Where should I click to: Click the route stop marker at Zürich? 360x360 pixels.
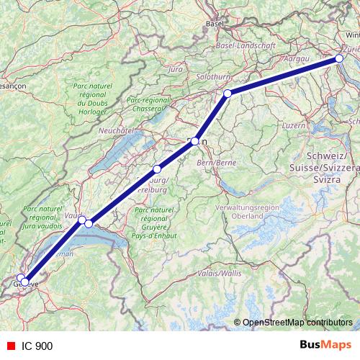339,59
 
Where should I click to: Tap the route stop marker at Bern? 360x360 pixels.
194,142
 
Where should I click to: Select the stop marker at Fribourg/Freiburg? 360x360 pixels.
157,169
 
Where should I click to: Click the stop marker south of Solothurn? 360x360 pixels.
228,94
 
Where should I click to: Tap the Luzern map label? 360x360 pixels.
294,125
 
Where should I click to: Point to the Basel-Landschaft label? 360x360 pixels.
246,45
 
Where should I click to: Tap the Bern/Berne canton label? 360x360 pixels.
217,163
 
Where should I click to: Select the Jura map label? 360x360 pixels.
175,70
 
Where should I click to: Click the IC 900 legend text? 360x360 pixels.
37,346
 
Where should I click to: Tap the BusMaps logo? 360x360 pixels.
325,346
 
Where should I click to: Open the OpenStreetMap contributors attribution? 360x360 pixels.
297,323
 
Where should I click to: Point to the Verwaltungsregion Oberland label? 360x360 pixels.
247,211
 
